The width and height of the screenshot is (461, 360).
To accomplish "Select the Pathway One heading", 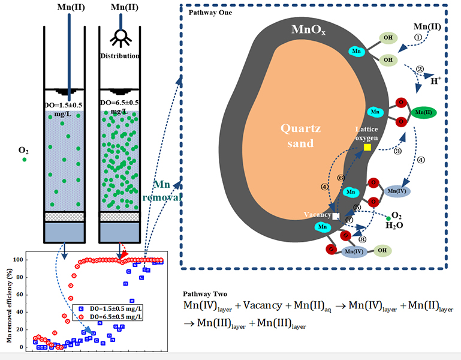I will click(x=207, y=13).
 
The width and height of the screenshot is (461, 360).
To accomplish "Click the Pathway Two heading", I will click(x=204, y=294).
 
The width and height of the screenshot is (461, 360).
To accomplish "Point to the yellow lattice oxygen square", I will click(x=367, y=147).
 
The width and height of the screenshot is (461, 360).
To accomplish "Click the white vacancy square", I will click(x=336, y=215).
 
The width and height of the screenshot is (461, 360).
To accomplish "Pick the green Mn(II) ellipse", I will click(x=423, y=112).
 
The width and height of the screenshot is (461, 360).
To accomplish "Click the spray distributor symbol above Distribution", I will click(x=121, y=37).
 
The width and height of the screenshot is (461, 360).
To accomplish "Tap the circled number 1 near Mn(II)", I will click(x=418, y=37).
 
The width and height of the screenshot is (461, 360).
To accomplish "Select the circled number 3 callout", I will click(x=397, y=151).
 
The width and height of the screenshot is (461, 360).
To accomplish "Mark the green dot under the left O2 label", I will click(x=25, y=160).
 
